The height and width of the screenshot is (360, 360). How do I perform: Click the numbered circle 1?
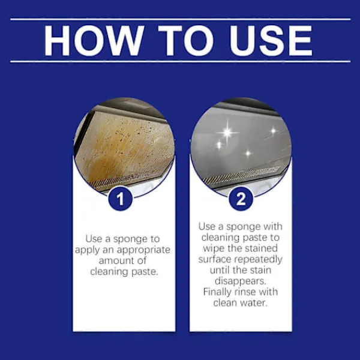[121, 199]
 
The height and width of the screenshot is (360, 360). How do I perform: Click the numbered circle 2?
[241, 199]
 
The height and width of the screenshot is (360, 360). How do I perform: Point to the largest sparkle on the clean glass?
[227, 132]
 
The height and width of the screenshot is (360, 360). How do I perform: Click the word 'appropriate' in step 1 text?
[144, 250]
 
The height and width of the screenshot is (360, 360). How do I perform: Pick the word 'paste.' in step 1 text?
[145, 272]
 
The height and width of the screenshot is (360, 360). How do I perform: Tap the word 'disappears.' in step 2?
[241, 281]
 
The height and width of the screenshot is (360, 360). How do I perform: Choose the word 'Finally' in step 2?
[217, 292]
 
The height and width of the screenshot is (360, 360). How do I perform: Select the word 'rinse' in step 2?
[245, 292]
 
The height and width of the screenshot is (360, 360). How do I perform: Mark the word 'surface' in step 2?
[215, 259]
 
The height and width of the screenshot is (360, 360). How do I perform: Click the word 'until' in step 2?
[220, 270]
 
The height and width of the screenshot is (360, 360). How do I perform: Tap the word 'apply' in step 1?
[88, 250]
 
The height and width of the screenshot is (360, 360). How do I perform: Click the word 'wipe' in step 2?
[213, 248]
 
